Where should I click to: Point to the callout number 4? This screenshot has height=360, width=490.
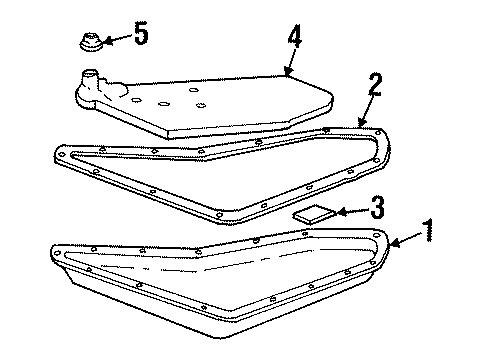click(x=295, y=38)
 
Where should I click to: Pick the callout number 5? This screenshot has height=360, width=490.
click(x=141, y=34)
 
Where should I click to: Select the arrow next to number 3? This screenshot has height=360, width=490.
click(x=348, y=211)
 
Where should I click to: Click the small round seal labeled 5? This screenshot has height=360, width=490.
click(x=87, y=43)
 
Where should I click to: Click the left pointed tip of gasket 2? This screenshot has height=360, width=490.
click(x=54, y=151)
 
